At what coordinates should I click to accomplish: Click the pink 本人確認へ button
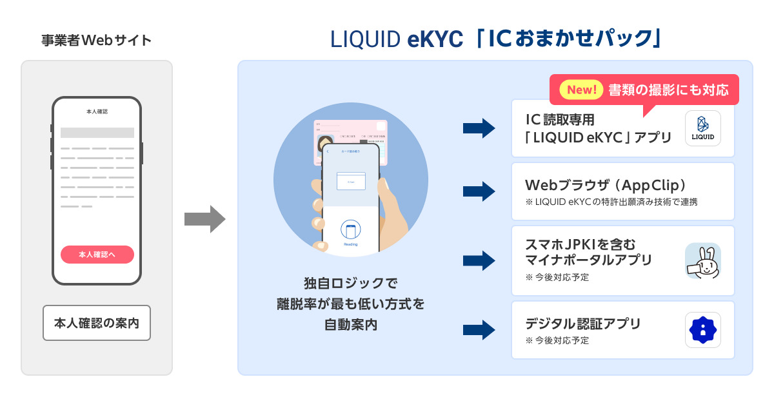tap(97, 255)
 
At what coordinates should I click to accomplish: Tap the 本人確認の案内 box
tap(97, 322)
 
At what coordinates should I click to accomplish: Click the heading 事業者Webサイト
tap(96, 41)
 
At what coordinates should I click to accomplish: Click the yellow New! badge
tap(580, 90)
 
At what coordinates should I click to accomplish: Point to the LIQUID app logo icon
tap(702, 128)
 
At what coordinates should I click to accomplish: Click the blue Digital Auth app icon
tap(702, 330)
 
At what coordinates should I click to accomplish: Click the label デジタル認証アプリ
tap(583, 324)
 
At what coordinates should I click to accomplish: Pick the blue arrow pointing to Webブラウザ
tap(479, 191)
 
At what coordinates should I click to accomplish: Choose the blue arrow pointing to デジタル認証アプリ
tap(479, 330)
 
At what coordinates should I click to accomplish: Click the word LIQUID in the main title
tap(365, 40)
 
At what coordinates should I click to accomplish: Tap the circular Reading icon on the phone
tap(350, 230)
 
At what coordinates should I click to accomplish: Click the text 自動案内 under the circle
tap(350, 325)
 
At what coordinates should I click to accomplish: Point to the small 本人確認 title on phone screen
tap(97, 111)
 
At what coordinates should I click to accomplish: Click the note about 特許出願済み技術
tap(611, 202)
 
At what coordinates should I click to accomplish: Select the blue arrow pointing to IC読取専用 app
tap(479, 128)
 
